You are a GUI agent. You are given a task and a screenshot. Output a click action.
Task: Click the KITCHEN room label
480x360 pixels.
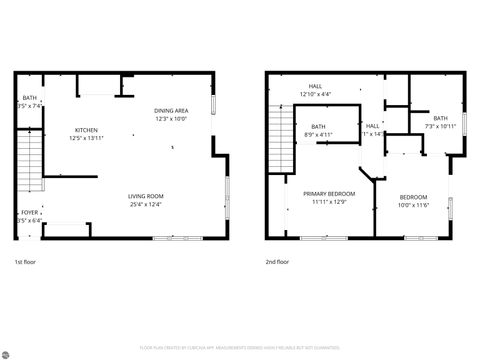pyautogui.click(x=87, y=130)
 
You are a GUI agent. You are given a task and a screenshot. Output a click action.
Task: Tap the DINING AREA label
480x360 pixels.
pyautogui.click(x=171, y=110)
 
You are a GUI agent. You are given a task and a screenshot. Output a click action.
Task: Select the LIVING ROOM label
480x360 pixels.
pyautogui.click(x=145, y=195)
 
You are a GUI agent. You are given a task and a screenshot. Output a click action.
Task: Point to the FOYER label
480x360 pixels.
pyautogui.click(x=30, y=212)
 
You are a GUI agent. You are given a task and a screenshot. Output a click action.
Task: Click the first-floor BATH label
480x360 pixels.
pyautogui.click(x=30, y=97)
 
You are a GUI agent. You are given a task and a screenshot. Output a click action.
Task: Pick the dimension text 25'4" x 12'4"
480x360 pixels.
pyautogui.click(x=145, y=204)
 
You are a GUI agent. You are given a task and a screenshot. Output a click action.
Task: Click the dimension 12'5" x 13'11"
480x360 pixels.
pyautogui.click(x=87, y=139)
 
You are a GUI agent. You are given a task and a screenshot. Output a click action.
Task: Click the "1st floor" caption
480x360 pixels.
pyautogui.click(x=26, y=262)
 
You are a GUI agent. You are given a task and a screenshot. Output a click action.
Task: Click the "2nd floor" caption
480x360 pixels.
pyautogui.click(x=277, y=262)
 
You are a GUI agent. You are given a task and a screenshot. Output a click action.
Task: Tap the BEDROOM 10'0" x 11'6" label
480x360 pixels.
pyautogui.click(x=413, y=196)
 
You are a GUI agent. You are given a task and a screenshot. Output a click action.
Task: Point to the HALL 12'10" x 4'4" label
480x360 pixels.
pyautogui.click(x=315, y=90)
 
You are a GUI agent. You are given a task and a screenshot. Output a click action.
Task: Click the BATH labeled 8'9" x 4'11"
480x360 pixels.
pyautogui.click(x=318, y=129)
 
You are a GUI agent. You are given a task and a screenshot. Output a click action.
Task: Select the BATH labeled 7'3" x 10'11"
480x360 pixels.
pyautogui.click(x=440, y=121)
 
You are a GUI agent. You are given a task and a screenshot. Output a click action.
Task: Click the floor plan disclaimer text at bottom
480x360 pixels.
pyautogui.click(x=240, y=347)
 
